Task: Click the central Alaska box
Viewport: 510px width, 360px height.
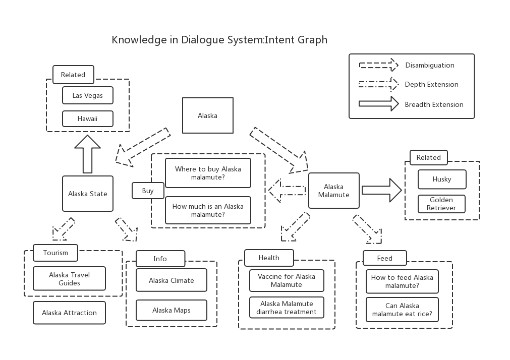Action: (207, 115)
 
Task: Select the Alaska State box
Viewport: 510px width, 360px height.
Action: (88, 194)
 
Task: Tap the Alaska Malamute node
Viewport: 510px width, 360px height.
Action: (333, 191)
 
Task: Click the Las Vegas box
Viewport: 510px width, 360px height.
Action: (88, 95)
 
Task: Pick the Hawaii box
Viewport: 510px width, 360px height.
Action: (88, 119)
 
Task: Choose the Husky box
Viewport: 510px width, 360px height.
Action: (442, 179)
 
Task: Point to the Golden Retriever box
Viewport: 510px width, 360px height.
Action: (442, 204)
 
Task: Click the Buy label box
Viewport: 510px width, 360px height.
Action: (148, 191)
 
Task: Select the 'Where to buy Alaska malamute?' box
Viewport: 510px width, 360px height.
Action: (208, 173)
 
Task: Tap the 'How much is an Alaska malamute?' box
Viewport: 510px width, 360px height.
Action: (208, 210)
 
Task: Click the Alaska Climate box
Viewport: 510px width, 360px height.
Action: (172, 280)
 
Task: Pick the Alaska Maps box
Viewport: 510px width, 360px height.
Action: (172, 310)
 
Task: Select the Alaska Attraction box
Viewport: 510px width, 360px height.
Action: (69, 313)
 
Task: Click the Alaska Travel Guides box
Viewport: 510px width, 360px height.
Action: (69, 279)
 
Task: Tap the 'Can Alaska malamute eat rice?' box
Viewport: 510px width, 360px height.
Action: (402, 310)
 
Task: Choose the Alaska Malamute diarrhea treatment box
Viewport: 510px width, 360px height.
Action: (287, 308)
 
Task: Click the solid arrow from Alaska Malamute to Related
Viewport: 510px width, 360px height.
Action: (381, 190)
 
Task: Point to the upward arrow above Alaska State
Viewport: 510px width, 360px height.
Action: (88, 153)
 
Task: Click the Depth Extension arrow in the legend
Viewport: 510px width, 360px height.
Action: (378, 84)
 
